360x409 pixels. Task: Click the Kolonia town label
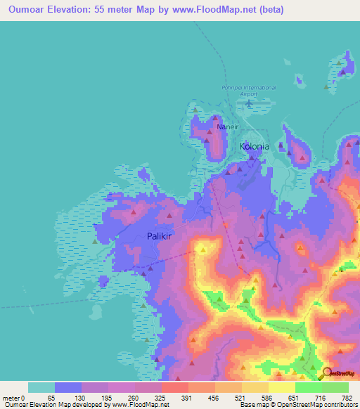(255, 147)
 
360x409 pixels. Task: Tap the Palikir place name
(161, 237)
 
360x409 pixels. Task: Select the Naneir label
(223, 127)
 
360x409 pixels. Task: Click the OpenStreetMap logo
(337, 374)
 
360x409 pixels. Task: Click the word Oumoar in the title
(25, 8)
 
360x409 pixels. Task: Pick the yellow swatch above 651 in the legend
(282, 387)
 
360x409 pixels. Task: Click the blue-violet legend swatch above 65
(68, 387)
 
